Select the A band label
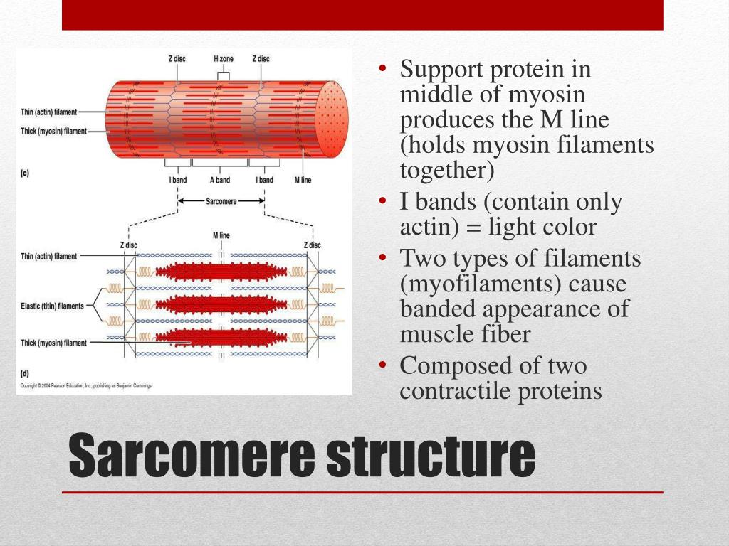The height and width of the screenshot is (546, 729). (220, 180)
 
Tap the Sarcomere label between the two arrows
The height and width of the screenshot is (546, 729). (221, 200)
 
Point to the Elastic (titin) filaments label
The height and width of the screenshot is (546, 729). (52, 306)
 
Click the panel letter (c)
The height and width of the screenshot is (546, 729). (25, 173)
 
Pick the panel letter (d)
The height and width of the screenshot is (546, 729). (25, 373)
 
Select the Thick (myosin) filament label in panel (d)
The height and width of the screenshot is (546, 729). (54, 343)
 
